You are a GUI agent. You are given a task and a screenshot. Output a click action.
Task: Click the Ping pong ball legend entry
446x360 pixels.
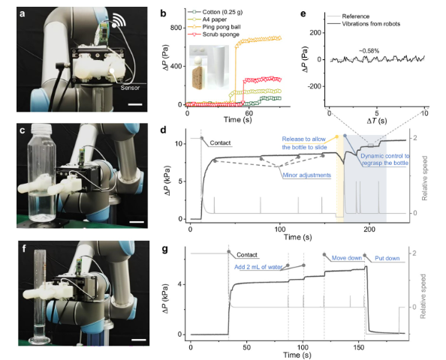point(221,27)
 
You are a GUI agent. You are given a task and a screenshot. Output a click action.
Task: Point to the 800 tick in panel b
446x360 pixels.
point(176,28)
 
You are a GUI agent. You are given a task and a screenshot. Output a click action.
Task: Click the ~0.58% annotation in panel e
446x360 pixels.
point(369,51)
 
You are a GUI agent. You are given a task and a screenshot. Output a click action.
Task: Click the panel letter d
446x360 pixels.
point(164,130)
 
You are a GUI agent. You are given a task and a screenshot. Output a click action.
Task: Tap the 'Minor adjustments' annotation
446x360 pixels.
point(306,175)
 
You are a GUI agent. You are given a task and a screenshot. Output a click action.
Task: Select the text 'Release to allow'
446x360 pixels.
point(304,139)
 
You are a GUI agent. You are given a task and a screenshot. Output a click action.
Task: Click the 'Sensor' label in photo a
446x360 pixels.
point(130,88)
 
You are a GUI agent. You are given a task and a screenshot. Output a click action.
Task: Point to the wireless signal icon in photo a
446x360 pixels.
point(119,20)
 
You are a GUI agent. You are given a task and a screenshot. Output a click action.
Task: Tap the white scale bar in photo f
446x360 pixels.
point(139,340)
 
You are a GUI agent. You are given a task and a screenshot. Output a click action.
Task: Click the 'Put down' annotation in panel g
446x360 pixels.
point(387,258)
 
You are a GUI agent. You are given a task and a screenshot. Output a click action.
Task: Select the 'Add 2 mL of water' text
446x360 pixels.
point(258,267)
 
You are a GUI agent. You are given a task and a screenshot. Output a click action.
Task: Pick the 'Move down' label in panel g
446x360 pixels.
point(347,258)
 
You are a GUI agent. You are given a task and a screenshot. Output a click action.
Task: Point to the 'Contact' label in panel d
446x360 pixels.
point(220,143)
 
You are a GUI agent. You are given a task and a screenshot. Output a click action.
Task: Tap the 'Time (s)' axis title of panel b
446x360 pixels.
point(237,119)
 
